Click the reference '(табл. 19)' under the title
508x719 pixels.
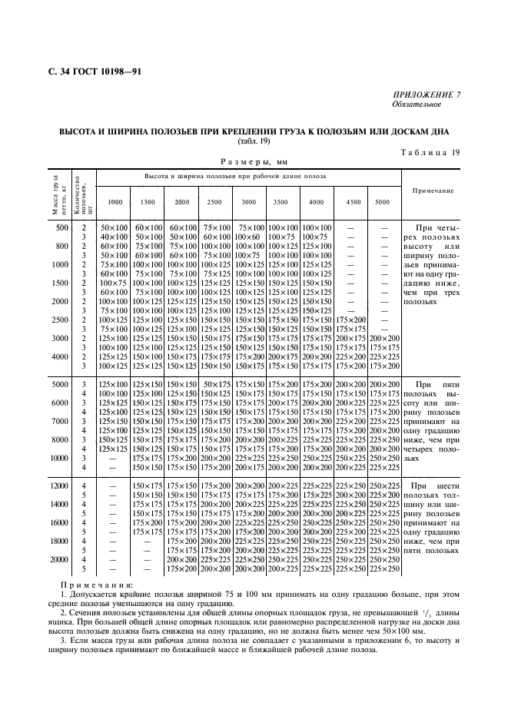[x=254, y=140]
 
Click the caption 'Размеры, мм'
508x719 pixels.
[x=254, y=162]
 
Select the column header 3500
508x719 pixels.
[x=280, y=201]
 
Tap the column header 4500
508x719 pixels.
[x=353, y=201]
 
